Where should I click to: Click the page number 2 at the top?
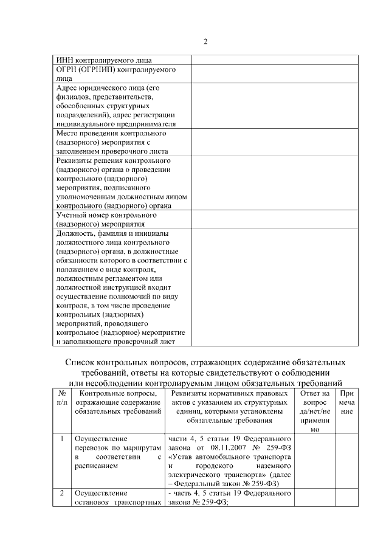[205, 41]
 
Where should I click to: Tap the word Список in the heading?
[84, 361]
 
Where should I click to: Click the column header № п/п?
[61, 398]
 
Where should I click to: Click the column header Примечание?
[346, 402]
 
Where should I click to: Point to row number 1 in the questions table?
[61, 438]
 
